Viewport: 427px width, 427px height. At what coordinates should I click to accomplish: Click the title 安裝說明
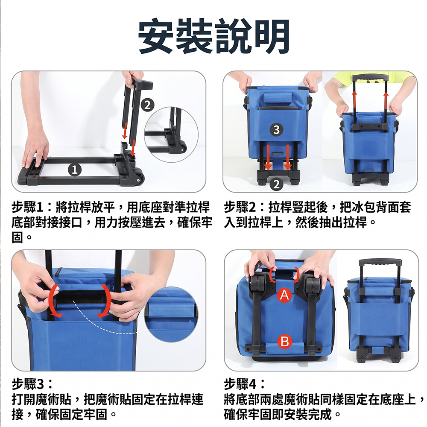213,36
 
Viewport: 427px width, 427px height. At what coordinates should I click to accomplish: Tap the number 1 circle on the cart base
75,170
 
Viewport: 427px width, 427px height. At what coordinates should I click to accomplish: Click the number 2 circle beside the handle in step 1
148,105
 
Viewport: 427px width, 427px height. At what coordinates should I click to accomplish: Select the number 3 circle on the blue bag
276,130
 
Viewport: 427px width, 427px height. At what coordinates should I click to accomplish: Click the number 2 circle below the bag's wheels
276,184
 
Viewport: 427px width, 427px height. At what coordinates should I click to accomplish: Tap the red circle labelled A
284,295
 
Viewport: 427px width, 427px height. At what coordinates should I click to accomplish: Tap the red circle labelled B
284,341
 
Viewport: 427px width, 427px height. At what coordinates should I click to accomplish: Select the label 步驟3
27,384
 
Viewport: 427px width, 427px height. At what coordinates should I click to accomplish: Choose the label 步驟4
240,384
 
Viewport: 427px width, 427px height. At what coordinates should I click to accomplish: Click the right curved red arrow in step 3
105,301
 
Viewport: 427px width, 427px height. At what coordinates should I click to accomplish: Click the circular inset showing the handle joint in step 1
171,135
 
